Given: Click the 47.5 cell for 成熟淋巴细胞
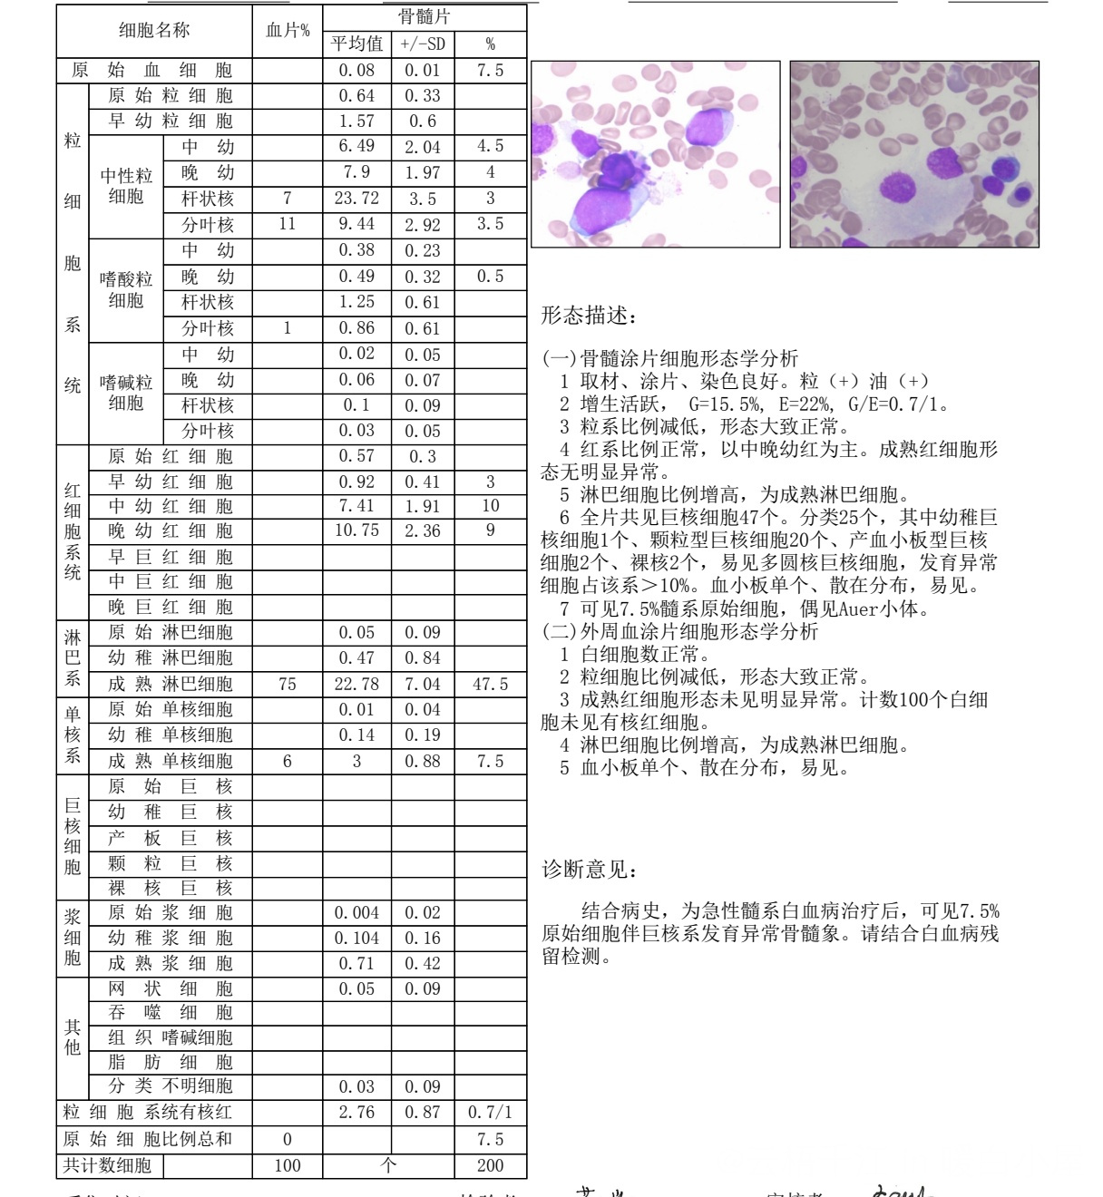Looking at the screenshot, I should coord(490,685).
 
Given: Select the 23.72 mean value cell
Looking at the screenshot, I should coord(357,199).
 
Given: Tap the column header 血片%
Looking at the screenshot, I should coord(288,31).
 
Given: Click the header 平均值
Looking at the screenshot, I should coord(357,44).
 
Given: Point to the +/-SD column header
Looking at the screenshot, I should coord(423,44).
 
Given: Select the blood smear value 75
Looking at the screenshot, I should coord(288,685).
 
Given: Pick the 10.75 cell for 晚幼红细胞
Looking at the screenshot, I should coord(357,530).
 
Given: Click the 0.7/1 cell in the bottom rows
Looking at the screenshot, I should coord(490,1113).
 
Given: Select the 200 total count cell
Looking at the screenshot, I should coord(490,1166).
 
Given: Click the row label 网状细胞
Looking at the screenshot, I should coord(171,988).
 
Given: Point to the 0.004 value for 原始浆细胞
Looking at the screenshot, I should coord(357,913).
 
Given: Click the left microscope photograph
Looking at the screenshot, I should coord(655,154).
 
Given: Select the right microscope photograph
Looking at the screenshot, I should coord(914,154).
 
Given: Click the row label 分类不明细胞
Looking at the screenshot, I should coord(171,1086).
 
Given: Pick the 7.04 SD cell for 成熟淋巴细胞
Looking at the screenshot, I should coord(423,685).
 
